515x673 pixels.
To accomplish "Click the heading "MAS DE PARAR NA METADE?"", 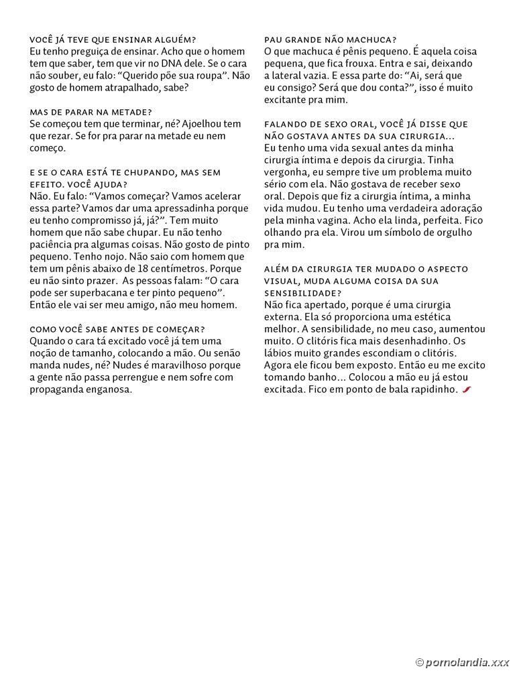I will pyautogui.click(x=91, y=111).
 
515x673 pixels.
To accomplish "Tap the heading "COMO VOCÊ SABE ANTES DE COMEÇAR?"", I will pyautogui.click(x=117, y=328).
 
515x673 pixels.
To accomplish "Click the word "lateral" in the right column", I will pyautogui.click(x=291, y=76).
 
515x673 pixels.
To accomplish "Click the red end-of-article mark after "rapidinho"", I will pyautogui.click(x=465, y=389).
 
